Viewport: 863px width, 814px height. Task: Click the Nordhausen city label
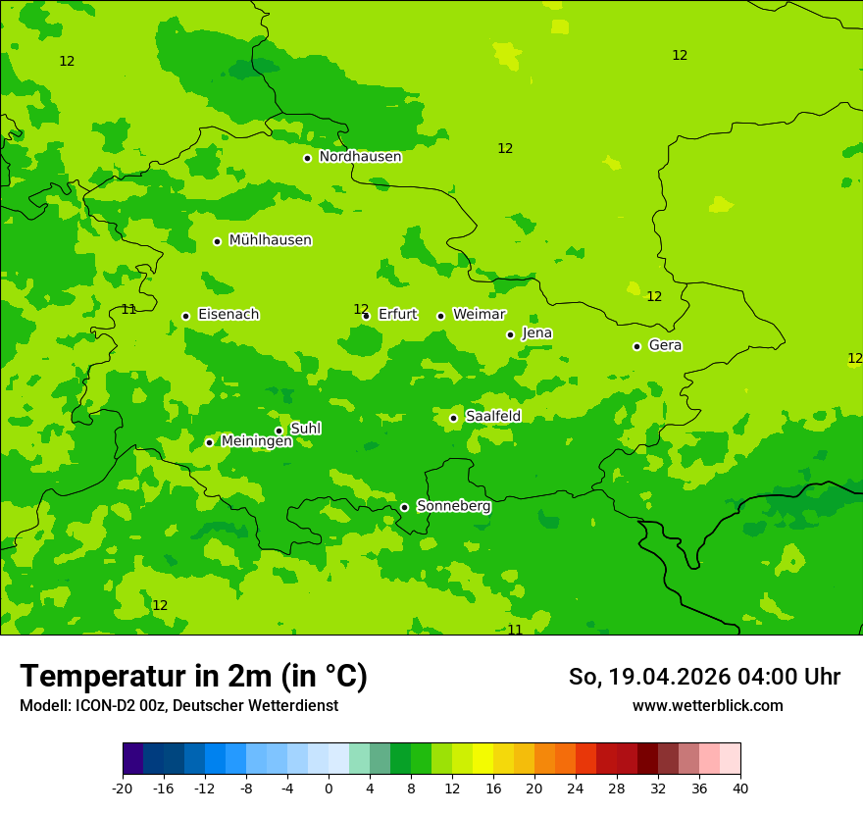pyautogui.click(x=360, y=157)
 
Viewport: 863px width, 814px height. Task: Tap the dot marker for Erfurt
pyautogui.click(x=366, y=316)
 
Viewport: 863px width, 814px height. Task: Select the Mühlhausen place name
pyautogui.click(x=270, y=240)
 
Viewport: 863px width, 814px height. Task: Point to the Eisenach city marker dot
pyautogui.click(x=185, y=316)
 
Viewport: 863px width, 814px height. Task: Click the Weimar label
pyautogui.click(x=479, y=315)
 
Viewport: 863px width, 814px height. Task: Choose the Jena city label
pyautogui.click(x=536, y=333)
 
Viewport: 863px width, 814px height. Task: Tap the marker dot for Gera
pyautogui.click(x=636, y=346)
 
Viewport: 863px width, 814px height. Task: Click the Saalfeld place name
pyautogui.click(x=492, y=417)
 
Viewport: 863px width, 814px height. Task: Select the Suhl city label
pyautogui.click(x=305, y=429)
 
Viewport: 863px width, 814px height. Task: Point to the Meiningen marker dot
pyautogui.click(x=209, y=442)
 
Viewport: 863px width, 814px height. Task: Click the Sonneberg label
pyautogui.click(x=453, y=506)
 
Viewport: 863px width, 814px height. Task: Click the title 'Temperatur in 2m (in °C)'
pyautogui.click(x=193, y=677)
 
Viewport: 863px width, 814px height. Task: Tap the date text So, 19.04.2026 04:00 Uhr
pyautogui.click(x=704, y=677)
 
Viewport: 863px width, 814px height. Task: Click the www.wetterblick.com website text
pyautogui.click(x=707, y=706)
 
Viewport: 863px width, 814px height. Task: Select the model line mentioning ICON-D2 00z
pyautogui.click(x=178, y=706)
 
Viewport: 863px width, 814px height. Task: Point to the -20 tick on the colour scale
pyautogui.click(x=123, y=788)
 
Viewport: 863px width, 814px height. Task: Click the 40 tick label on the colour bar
pyautogui.click(x=739, y=788)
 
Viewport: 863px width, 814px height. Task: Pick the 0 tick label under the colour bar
pyautogui.click(x=329, y=788)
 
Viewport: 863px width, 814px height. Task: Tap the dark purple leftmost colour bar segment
pyautogui.click(x=132, y=759)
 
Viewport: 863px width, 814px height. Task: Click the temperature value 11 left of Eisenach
pyautogui.click(x=128, y=310)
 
